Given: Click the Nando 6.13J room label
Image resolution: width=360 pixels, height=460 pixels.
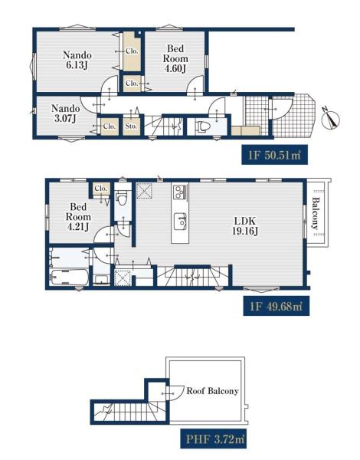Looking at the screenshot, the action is (x=77, y=60).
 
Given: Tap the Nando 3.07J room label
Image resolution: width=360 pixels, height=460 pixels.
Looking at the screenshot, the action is (x=65, y=113).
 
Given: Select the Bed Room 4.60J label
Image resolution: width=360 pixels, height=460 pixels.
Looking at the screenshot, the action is (x=175, y=58).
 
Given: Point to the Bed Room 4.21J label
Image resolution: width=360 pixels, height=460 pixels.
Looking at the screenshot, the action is (x=78, y=217).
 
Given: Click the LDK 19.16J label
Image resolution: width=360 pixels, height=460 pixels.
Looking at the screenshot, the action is (x=245, y=226).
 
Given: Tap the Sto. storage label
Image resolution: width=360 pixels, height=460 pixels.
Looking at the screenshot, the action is (x=131, y=127).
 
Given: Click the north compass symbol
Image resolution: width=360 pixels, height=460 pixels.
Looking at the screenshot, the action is (x=331, y=118).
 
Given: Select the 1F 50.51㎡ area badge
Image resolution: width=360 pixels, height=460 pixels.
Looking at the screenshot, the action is (x=274, y=155).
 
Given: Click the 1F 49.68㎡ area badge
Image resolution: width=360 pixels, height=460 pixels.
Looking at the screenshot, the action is (x=277, y=307).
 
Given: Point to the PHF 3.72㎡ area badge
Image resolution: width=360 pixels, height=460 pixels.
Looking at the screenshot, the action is (x=213, y=439).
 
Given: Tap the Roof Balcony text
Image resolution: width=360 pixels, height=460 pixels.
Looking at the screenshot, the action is (x=212, y=391).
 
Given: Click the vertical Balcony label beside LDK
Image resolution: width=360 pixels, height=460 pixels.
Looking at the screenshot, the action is (x=315, y=214).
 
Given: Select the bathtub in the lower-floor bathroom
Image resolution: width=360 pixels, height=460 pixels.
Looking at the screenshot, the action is (x=69, y=278).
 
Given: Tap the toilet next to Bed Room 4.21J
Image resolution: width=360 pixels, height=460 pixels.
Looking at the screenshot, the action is (x=122, y=199).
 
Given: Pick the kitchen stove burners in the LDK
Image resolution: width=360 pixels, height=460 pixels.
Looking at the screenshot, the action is (x=180, y=192).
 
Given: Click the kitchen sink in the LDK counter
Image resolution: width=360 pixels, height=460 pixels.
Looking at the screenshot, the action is (x=180, y=222).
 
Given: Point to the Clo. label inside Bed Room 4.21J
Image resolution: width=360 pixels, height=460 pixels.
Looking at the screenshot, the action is (x=100, y=189).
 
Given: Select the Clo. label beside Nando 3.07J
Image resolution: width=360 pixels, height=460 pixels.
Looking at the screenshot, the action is (x=110, y=127).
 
